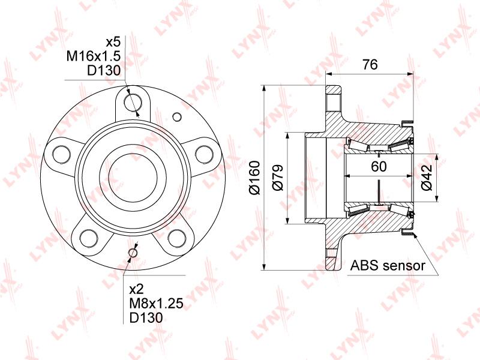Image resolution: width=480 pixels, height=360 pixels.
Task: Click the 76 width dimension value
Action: (370, 64)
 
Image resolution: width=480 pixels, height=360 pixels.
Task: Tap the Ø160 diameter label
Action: (254, 178)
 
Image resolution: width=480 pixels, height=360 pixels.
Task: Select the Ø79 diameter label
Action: (278, 178)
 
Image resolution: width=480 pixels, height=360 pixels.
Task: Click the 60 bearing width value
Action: (379, 166)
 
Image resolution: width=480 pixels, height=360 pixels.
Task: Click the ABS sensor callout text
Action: (388, 265)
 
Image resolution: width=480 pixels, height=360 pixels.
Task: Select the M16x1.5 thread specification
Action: (94, 56)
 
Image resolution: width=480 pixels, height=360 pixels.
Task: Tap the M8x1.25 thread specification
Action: (156, 304)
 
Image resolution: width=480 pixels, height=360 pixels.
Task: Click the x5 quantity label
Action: (113, 41)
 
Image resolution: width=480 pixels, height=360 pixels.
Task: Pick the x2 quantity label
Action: (137, 289)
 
